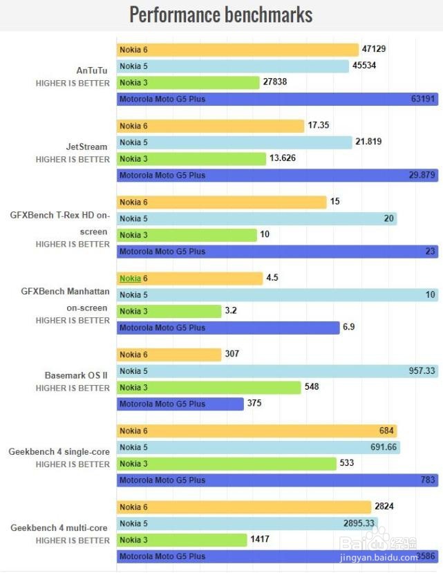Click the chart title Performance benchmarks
221,15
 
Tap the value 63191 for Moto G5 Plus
423,99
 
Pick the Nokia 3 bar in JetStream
191,159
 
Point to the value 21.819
368,142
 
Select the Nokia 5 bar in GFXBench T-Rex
256,218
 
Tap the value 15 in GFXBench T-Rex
334,202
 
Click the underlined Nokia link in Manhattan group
130,279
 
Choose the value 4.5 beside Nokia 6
272,279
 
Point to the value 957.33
422,371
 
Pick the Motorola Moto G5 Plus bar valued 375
180,404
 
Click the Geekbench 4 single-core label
59,452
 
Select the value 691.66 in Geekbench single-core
384,447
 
